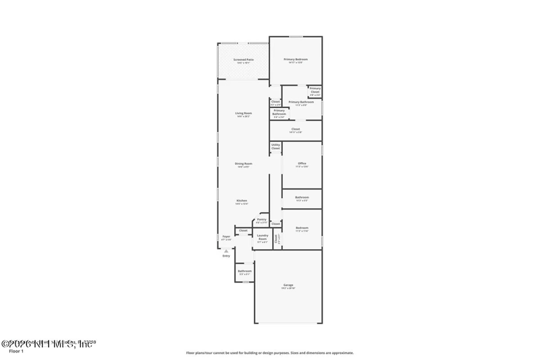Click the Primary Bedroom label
click(x=296, y=59)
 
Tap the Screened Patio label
click(x=244, y=60)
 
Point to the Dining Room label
click(x=244, y=164)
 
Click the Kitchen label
click(x=242, y=201)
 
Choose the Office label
click(x=302, y=163)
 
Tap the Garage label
click(x=288, y=286)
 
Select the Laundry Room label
click(x=263, y=237)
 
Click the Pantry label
click(x=261, y=220)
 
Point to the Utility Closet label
click(x=275, y=146)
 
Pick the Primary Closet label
click(x=315, y=90)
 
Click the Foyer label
click(x=226, y=236)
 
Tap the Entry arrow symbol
click(x=226, y=250)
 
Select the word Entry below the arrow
click(x=226, y=256)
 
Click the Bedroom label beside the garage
click(x=302, y=228)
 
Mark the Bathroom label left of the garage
click(x=244, y=272)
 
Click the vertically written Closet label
click(x=277, y=238)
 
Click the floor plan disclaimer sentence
click(x=269, y=353)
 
